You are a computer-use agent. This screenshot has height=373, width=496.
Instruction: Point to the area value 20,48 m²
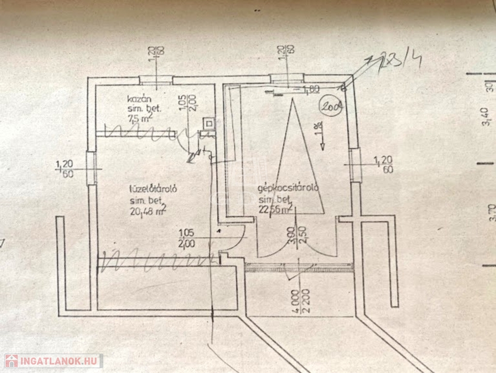pyautogui.click(x=148, y=210)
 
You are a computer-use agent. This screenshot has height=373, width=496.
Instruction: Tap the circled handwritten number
pyautogui.click(x=331, y=105)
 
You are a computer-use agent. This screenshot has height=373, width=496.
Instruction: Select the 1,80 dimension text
pyautogui.click(x=311, y=89)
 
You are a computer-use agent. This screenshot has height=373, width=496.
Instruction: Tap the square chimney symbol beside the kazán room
pyautogui.click(x=209, y=123)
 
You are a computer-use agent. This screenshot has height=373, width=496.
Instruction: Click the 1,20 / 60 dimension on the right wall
pyautogui.click(x=381, y=164)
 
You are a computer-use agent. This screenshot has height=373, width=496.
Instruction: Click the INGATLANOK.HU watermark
pyautogui.click(x=53, y=361)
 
